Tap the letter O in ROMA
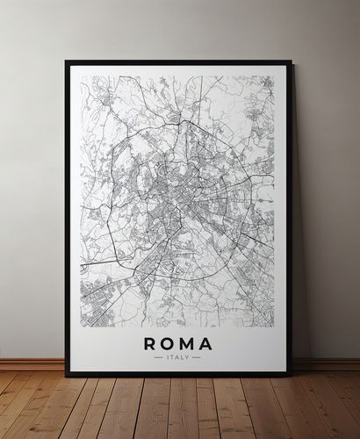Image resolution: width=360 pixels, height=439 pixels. click(x=167, y=343)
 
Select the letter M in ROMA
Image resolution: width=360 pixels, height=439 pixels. click(x=187, y=343)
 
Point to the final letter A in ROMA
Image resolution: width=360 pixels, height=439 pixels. click(x=206, y=343)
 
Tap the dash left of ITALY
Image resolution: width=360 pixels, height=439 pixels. click(x=158, y=357)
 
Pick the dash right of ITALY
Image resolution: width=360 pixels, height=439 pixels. click(x=197, y=357)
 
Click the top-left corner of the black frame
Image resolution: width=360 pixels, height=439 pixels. click(x=67, y=61)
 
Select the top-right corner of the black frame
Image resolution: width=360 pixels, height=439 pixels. click(x=291, y=61)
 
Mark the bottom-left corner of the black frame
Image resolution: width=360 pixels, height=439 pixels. click(x=67, y=375)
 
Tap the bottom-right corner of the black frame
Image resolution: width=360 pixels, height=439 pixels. click(x=291, y=375)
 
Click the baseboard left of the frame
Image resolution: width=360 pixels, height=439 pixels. click(x=32, y=363)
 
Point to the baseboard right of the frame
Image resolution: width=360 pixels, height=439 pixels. click(x=326, y=363)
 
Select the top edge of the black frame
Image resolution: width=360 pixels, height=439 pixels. click(x=178, y=62)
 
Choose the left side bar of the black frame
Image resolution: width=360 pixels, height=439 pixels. click(x=68, y=219)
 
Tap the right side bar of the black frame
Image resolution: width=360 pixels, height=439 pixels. click(x=290, y=219)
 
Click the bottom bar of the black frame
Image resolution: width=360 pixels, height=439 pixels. click(x=178, y=374)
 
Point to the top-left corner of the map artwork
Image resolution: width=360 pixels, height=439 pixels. click(x=82, y=76)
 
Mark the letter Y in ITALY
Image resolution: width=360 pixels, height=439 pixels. click(x=187, y=357)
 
